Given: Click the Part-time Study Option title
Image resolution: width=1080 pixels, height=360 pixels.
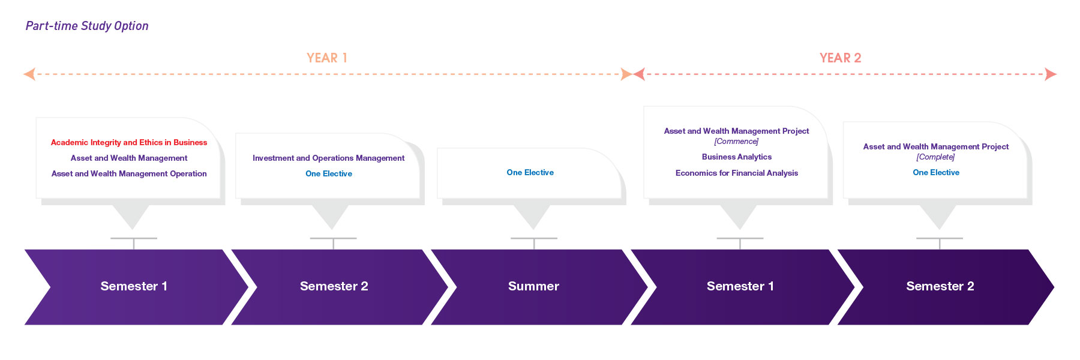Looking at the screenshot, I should click(87, 26).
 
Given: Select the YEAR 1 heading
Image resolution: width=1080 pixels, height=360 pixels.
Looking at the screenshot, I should click(327, 58).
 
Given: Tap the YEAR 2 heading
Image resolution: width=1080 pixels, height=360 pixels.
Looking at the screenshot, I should click(840, 58).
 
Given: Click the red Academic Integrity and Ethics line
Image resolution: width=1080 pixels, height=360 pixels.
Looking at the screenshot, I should click(129, 143).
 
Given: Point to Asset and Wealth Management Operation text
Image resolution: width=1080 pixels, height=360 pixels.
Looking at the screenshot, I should click(129, 174).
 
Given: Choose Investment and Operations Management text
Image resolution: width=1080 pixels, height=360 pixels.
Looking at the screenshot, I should click(328, 158).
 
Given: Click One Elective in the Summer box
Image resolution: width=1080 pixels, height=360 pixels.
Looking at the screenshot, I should click(530, 173).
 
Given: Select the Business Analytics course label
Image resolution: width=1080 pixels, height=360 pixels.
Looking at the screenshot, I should click(737, 157).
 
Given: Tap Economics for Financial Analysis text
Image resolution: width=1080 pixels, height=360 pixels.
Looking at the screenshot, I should click(737, 173).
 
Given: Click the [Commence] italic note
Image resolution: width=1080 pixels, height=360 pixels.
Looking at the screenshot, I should click(736, 142).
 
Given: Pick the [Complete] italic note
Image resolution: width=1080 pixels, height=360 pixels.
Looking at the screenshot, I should click(935, 157).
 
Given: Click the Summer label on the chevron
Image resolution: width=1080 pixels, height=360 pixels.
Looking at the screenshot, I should click(533, 287).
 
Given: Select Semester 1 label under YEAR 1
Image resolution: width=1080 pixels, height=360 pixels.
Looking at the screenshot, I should click(134, 287).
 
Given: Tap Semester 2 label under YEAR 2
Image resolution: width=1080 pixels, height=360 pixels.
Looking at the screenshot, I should click(940, 287).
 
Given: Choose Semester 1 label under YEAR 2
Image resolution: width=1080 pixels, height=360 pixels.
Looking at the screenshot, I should click(740, 287).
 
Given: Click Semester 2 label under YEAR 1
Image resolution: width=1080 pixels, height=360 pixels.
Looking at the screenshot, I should click(334, 287).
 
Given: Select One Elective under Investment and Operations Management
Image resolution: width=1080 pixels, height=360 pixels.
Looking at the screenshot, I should click(328, 174).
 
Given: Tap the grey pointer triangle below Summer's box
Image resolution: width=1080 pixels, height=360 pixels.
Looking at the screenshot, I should click(532, 215).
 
